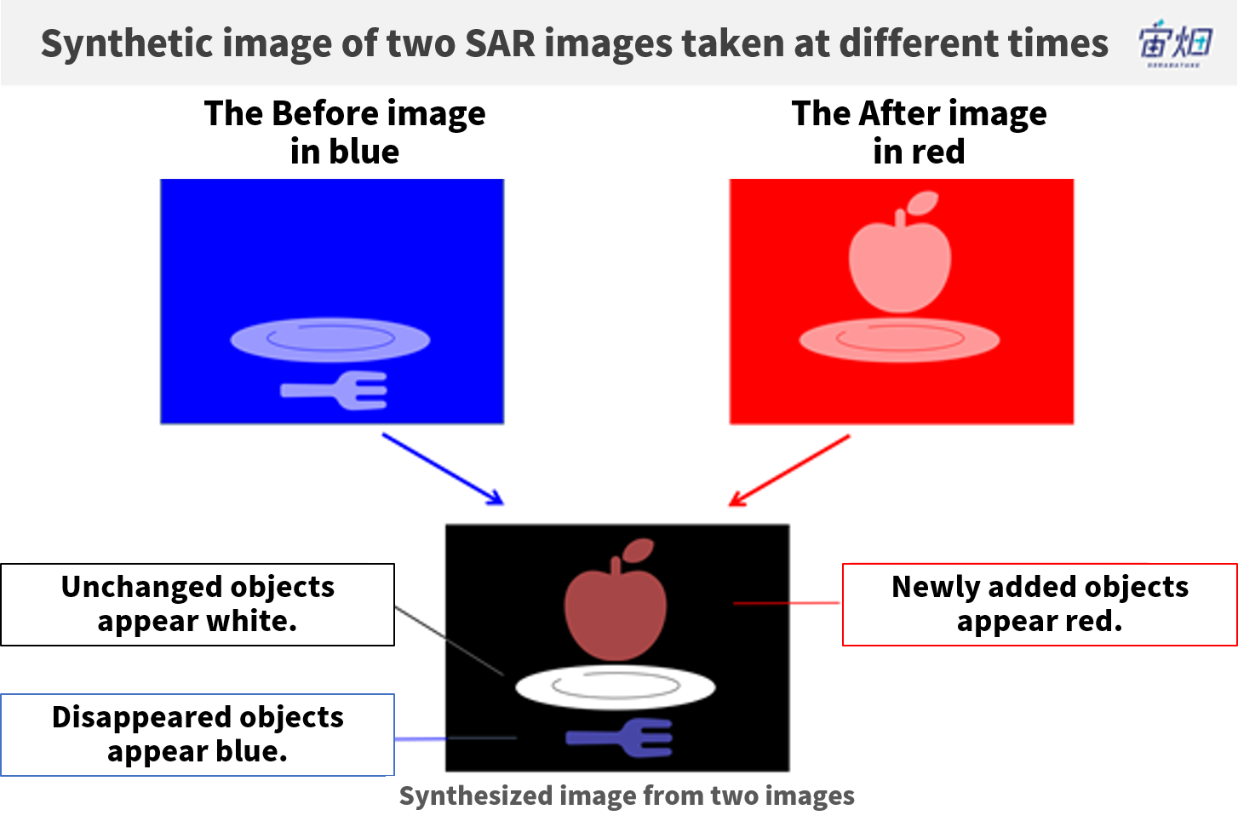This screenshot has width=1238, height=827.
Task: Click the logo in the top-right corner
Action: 1175,43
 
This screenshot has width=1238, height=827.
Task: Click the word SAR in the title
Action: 500,43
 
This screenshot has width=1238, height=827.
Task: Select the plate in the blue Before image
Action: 330,340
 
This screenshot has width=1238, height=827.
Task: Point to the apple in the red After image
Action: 900,260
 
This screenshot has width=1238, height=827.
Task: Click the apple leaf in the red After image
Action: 923,203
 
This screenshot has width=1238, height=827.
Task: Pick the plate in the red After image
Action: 899,340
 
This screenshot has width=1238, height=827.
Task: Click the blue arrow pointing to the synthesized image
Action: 443,469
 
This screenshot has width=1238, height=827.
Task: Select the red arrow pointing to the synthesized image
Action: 789,470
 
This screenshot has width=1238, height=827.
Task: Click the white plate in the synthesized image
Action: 615,687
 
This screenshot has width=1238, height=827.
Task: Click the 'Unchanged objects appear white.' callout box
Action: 198,604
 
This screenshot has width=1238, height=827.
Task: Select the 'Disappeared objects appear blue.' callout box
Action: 198,735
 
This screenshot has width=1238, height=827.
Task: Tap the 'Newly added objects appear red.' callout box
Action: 1040,604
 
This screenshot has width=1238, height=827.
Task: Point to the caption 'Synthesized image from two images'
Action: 627,796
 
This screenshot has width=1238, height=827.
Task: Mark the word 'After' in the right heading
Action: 900,113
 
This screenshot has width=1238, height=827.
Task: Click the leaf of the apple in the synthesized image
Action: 639,550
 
